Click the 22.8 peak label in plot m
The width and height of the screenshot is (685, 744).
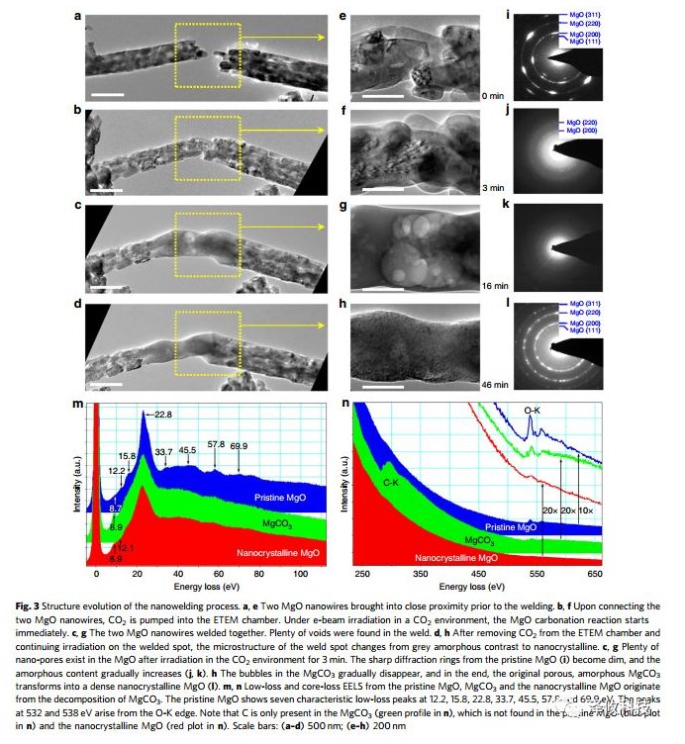click(163, 415)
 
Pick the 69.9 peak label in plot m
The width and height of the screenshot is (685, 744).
click(240, 446)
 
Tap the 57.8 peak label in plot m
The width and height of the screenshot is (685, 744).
click(216, 446)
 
